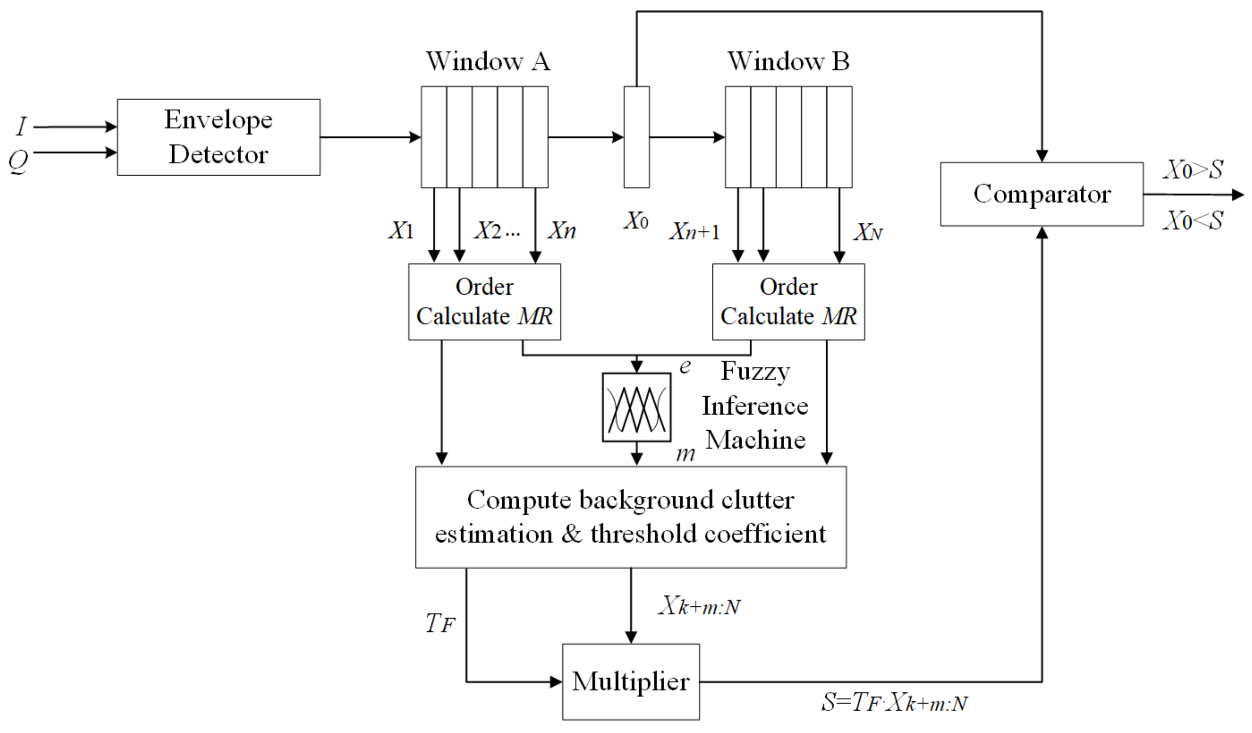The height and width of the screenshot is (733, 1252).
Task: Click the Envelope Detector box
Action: click(x=218, y=137)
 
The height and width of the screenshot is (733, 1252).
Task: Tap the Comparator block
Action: click(x=1041, y=194)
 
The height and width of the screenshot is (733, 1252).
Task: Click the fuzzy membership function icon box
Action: click(x=637, y=407)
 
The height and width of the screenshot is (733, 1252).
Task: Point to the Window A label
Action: click(x=488, y=62)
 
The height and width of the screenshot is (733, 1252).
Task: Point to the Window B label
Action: click(x=788, y=62)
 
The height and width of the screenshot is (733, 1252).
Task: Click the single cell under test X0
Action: click(x=637, y=137)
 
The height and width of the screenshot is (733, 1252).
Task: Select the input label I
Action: click(x=21, y=126)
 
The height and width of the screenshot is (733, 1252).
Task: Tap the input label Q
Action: click(x=18, y=161)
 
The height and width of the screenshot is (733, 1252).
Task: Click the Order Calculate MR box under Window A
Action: click(x=484, y=301)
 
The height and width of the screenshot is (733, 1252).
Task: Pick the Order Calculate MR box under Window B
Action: click(x=788, y=301)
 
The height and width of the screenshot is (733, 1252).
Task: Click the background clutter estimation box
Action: click(x=631, y=517)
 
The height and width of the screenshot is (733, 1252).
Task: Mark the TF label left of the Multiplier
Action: click(x=440, y=623)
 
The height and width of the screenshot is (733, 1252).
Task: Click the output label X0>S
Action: click(x=1193, y=170)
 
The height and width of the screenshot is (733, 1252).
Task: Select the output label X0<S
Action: click(x=1193, y=221)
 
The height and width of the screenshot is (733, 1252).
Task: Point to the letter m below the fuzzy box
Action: click(x=685, y=454)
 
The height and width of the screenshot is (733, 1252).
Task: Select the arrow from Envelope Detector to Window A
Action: click(x=370, y=137)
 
